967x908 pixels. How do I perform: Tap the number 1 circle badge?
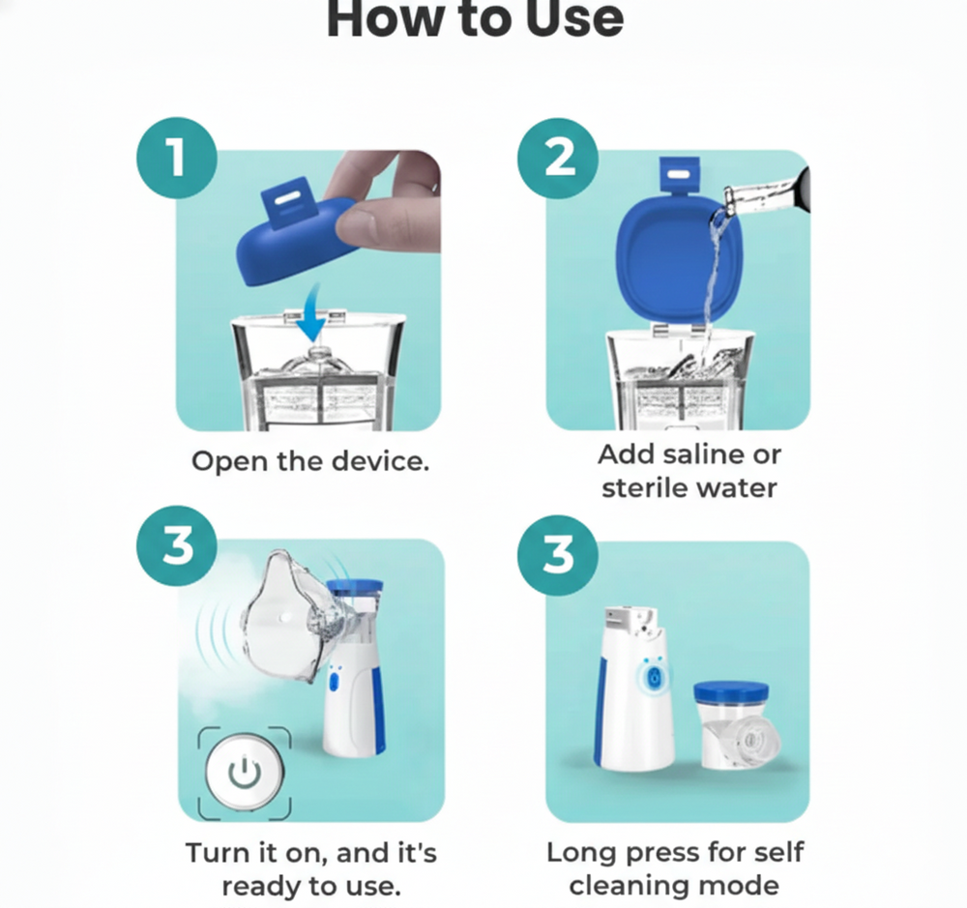coord(177,158)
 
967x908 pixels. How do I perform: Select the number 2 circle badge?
coord(558,158)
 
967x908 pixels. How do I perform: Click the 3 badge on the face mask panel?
coord(177,546)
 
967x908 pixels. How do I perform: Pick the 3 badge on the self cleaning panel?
coord(558,555)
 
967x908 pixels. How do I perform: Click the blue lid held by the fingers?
coord(296,234)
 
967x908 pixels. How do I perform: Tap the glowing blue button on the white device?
coord(653,678)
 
